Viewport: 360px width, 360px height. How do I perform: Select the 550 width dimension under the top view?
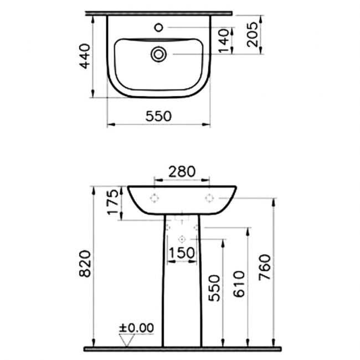point(159,116)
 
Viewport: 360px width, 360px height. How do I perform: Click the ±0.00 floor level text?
point(136,328)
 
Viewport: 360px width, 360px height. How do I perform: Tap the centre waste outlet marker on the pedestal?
point(182,239)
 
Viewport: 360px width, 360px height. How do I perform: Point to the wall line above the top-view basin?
point(161,12)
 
